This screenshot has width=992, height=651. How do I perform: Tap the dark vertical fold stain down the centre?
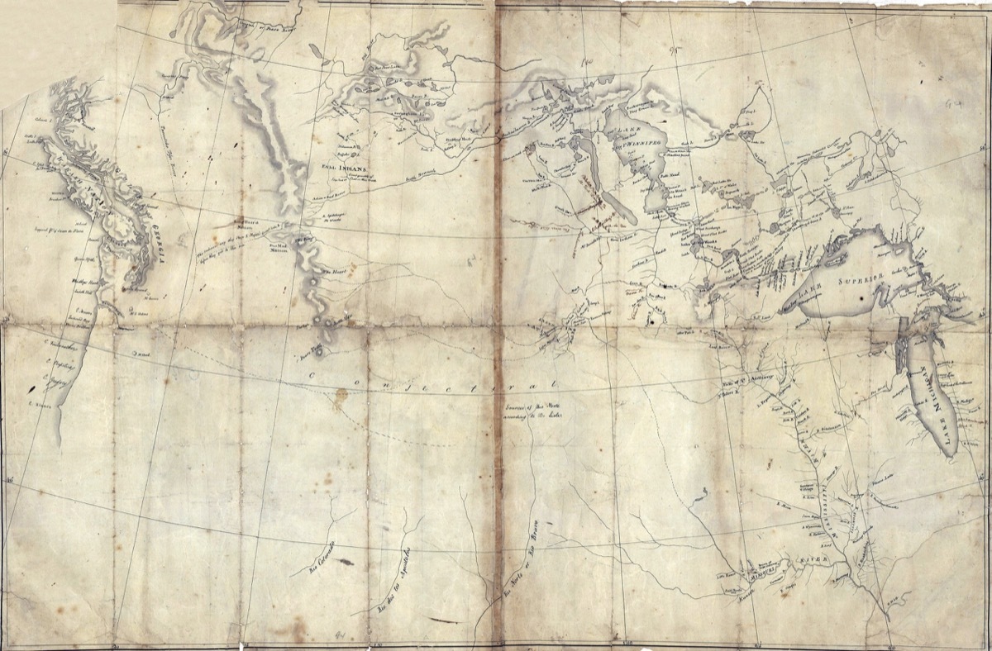point(498,330)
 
